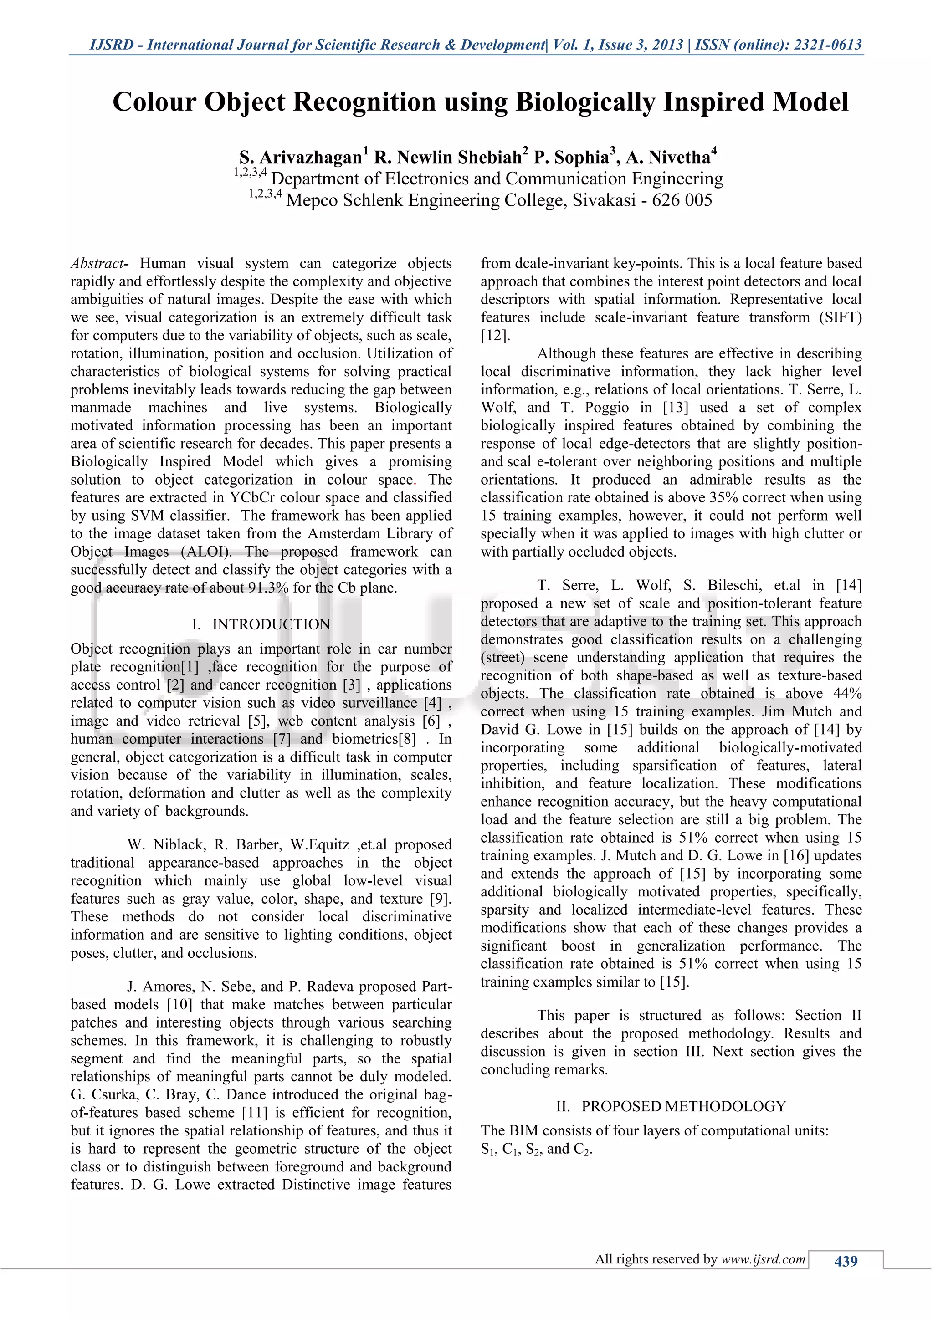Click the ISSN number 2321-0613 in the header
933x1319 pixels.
click(827, 45)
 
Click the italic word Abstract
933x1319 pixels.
click(97, 264)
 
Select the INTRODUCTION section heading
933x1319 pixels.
click(271, 624)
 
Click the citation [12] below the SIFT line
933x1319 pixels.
click(495, 336)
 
